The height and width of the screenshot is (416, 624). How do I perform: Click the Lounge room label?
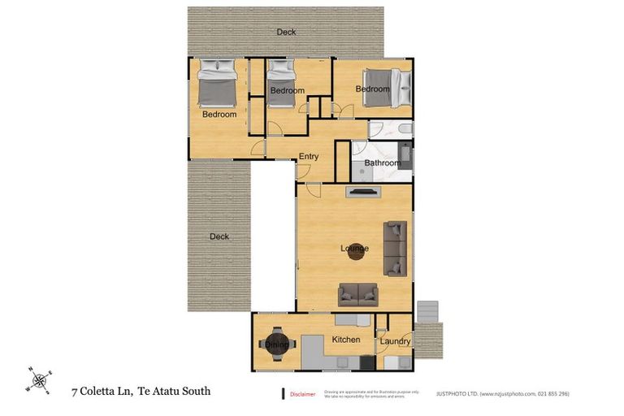pos(354,248)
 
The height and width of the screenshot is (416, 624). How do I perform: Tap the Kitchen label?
pos(345,339)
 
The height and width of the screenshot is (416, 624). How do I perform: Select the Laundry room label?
pos(395,341)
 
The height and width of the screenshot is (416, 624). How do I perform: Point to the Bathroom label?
pos(382,162)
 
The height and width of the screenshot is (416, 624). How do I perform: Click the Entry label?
pos(309,156)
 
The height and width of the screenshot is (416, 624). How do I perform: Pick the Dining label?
pos(277,344)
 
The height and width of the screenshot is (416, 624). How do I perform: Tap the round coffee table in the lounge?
pos(355,252)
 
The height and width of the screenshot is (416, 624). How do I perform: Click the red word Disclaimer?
pos(302,394)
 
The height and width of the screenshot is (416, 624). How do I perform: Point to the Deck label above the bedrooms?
pos(286,32)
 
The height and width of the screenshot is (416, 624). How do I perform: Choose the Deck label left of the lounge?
pos(219,236)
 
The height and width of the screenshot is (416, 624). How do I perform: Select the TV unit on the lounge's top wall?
pos(362,192)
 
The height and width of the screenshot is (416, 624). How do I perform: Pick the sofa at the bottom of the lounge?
pos(358,294)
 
